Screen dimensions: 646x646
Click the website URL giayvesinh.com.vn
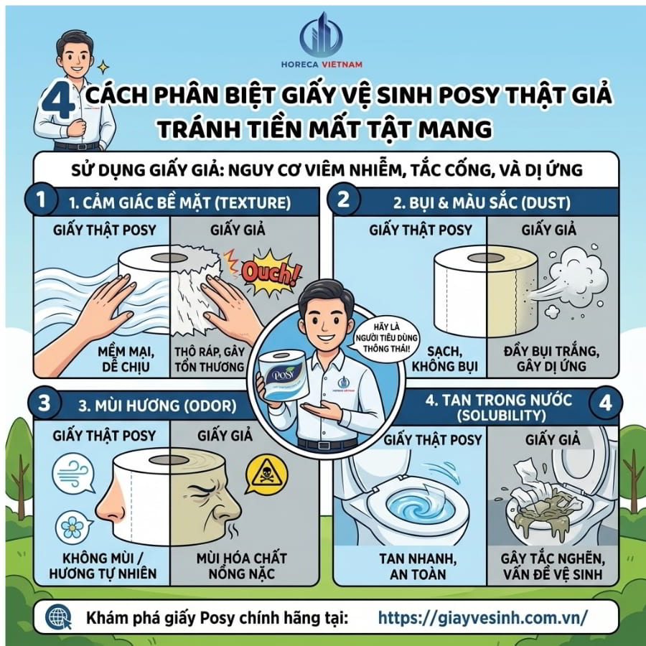click(x=482, y=617)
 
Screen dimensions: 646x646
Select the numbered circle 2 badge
click(x=344, y=199)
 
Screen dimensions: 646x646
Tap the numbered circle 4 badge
click(x=605, y=403)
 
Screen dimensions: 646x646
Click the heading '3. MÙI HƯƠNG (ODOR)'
click(x=154, y=406)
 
